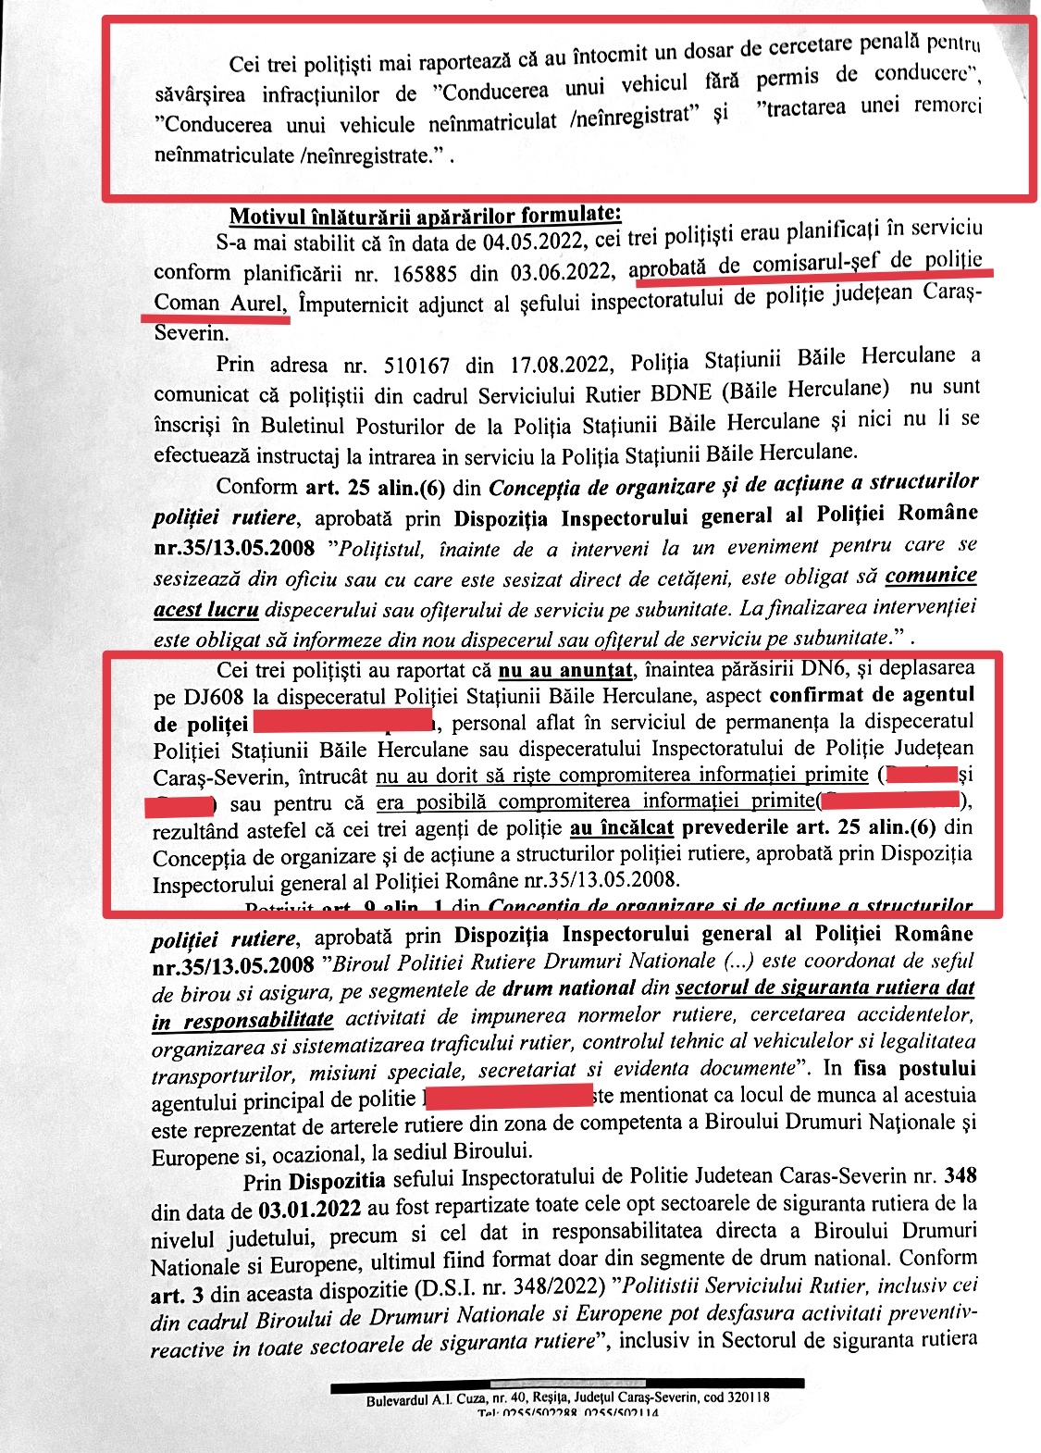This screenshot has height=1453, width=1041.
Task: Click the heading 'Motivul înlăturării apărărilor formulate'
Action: pyautogui.click(x=426, y=216)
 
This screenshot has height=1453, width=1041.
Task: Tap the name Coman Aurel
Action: pyautogui.click(x=220, y=303)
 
